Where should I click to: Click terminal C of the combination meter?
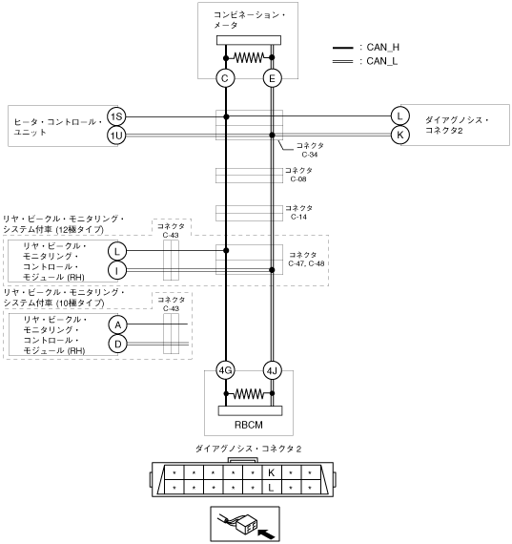225,78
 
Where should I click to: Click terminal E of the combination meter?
272,78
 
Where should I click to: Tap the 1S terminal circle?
116,116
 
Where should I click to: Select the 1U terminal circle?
116,136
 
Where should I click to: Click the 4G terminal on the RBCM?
225,370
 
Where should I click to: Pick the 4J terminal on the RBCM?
272,371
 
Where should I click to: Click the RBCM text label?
249,425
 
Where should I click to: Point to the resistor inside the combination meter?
249,57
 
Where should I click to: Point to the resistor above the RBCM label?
249,393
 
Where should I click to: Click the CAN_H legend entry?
366,47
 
